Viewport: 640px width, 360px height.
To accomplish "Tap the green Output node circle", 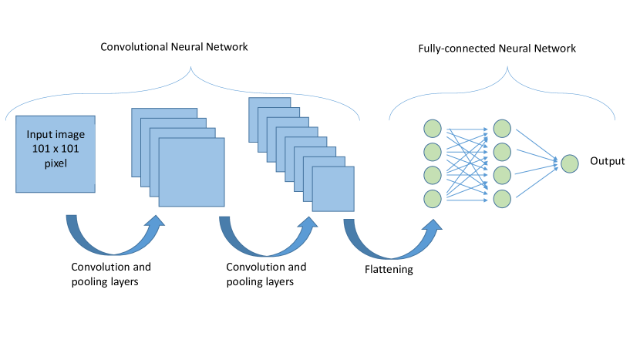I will pyautogui.click(x=570, y=163).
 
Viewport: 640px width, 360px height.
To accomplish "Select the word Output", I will pyautogui.click(x=608, y=162).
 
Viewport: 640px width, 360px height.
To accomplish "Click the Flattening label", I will pyautogui.click(x=389, y=270).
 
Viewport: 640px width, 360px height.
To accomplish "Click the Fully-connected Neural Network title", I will pyautogui.click(x=497, y=49).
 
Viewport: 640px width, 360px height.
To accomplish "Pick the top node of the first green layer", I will pyautogui.click(x=433, y=128).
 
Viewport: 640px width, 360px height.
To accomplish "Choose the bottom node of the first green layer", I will pyautogui.click(x=433, y=198).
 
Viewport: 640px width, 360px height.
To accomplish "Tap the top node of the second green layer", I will pyautogui.click(x=502, y=127).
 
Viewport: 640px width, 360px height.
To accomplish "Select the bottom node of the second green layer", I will pyautogui.click(x=502, y=197).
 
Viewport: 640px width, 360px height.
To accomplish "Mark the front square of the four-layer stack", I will pyautogui.click(x=191, y=172).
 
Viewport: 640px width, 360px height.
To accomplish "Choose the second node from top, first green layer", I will pyautogui.click(x=433, y=150).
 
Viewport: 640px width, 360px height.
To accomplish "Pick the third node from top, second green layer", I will pyautogui.click(x=502, y=173).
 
